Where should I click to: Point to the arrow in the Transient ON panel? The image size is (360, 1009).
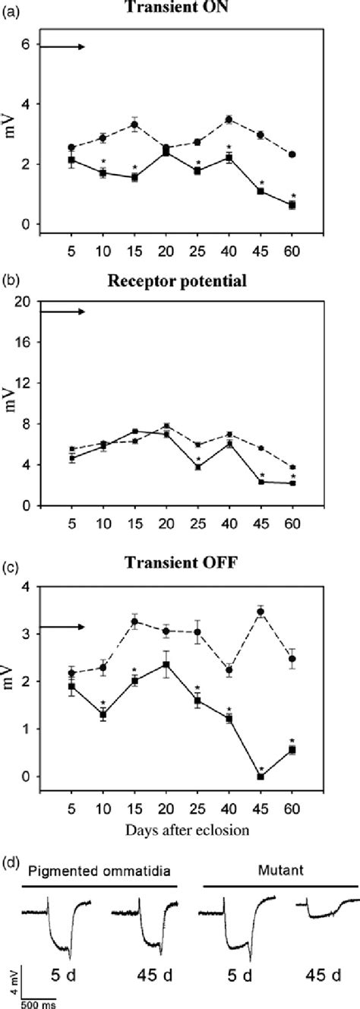click(62, 47)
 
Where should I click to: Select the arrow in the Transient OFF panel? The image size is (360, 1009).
click(62, 606)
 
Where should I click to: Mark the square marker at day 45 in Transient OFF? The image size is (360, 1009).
click(283, 777)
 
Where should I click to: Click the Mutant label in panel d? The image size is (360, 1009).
click(280, 873)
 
